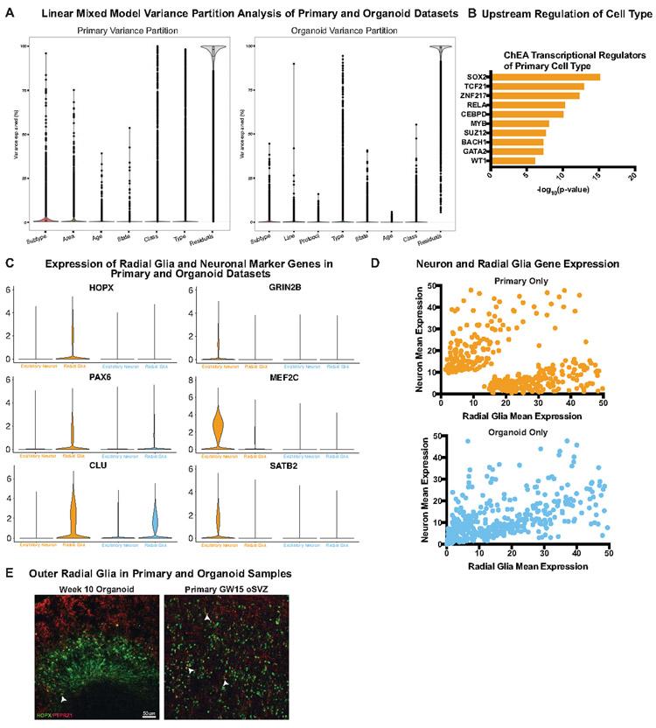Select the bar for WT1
(513, 160)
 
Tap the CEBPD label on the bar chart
(476, 114)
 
